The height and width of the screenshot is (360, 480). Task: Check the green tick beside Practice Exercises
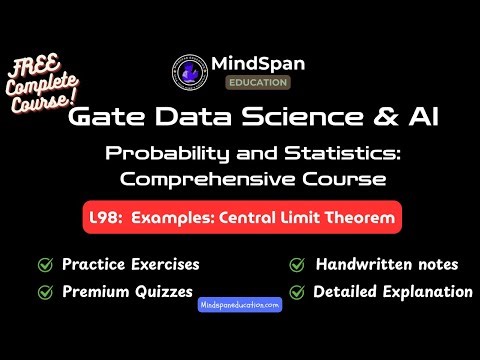(x=44, y=265)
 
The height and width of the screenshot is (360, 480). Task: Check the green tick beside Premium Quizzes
(x=44, y=292)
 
